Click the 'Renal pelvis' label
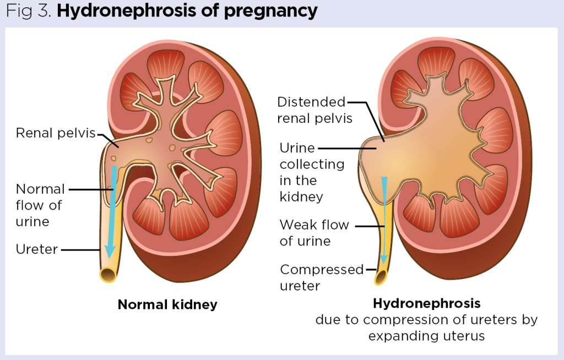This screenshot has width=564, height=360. click(x=56, y=133)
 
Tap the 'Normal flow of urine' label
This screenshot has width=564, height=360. click(x=40, y=205)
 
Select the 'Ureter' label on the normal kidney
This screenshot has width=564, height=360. click(x=37, y=249)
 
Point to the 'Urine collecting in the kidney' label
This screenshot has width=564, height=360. click(x=312, y=172)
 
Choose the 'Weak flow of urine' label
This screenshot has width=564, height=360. click(x=314, y=233)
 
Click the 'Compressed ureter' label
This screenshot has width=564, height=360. click(x=322, y=277)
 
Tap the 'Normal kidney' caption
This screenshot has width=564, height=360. click(x=167, y=304)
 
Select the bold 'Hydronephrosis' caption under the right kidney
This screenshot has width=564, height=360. click(x=426, y=303)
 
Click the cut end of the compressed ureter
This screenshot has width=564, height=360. click(x=380, y=277)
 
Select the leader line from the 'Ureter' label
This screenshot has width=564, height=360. click(x=82, y=250)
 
